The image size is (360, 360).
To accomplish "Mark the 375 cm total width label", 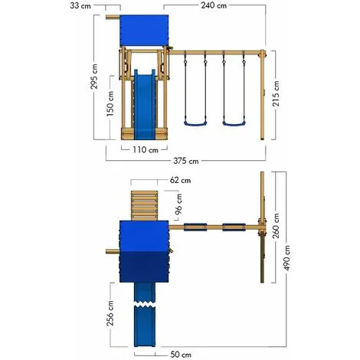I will point(185,161).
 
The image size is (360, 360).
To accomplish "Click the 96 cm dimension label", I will point(169,206).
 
